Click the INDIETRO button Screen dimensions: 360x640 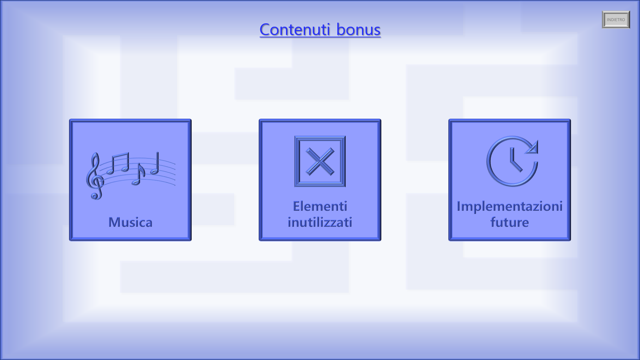616,20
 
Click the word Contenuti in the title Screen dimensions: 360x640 295,29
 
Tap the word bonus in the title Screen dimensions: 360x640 358,29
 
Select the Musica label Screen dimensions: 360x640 130,222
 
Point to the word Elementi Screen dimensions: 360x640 320,206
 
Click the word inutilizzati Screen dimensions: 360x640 320,222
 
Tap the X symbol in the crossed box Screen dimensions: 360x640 320,161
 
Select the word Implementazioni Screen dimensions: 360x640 509,206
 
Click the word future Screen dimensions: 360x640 509,222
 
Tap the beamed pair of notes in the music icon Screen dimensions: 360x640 119,163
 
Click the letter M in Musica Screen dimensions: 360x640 115,222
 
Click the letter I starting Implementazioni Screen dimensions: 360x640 459,206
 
